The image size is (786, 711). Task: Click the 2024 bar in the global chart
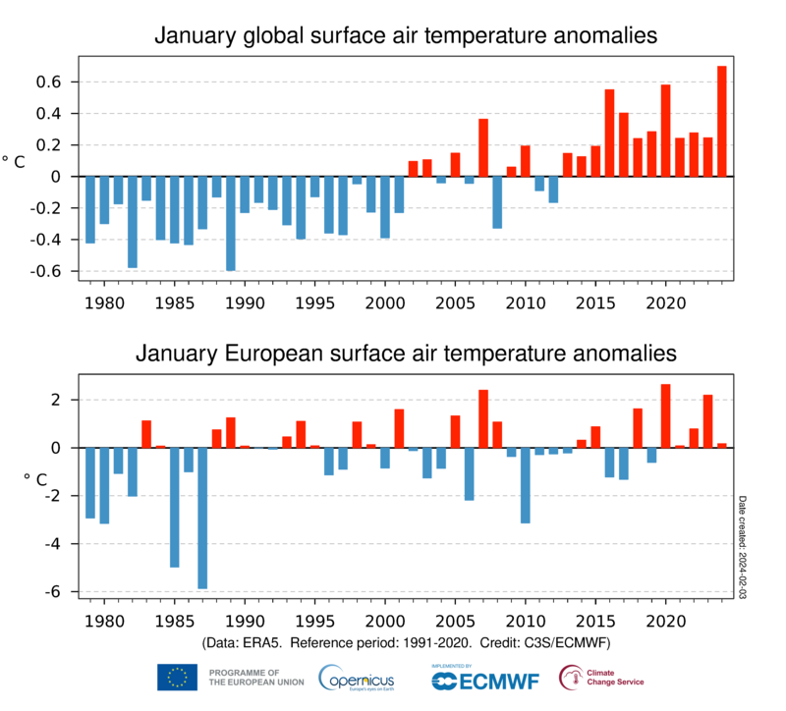pos(721,122)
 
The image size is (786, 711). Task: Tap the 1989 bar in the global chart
pos(231,223)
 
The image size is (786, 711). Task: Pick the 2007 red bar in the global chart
pos(483,147)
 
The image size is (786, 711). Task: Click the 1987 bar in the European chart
pos(203,518)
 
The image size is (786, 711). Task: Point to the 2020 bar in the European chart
pos(665,415)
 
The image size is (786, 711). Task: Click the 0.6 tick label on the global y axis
pos(52,82)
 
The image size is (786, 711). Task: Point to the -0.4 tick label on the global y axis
pos(49,240)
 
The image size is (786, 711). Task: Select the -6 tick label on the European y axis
pos(55,591)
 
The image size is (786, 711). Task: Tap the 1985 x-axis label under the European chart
pos(175,621)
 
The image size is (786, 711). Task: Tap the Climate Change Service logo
pos(601,677)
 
